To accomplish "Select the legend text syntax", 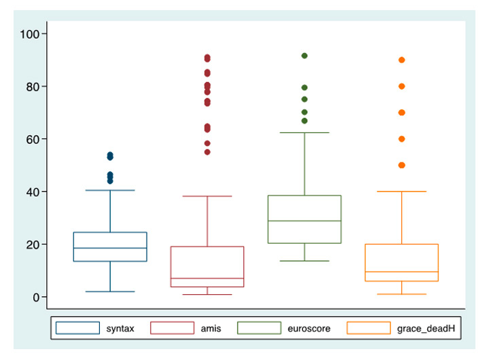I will tap(120, 329).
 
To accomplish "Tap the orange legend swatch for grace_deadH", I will tap(369, 329).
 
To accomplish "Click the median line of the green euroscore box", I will tap(304, 221).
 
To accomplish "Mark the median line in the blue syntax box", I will tap(110, 248).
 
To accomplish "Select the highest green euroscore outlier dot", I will tap(304, 56).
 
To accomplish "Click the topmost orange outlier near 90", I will tap(401, 60).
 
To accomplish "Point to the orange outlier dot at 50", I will tap(401, 165).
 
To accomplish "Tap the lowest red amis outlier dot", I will tap(207, 152).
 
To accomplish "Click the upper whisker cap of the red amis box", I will tap(207, 196).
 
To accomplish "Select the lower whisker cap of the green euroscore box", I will tap(304, 261).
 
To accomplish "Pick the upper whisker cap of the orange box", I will tap(401, 192).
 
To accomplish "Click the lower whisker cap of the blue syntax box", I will tap(110, 291).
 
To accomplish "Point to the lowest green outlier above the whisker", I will tap(304, 121).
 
